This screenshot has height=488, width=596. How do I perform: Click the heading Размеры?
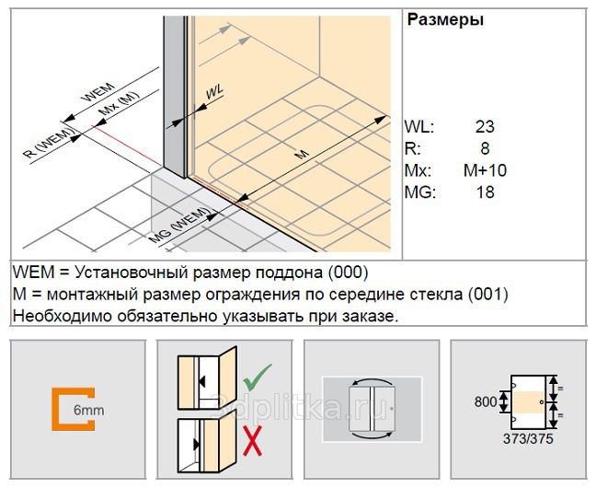[445, 19]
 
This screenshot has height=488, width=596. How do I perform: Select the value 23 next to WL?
[485, 127]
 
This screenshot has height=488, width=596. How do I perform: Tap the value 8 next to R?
[485, 148]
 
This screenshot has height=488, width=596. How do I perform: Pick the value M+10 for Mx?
[485, 170]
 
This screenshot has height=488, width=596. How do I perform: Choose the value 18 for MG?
[485, 192]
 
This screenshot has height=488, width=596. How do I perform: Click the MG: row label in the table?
[420, 192]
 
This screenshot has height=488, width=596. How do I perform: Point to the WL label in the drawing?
[214, 92]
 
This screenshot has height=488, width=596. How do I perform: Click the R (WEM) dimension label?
[48, 144]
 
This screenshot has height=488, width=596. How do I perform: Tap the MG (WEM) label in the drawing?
[179, 226]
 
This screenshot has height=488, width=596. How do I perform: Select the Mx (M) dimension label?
[119, 104]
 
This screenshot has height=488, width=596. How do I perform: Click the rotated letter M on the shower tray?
[302, 154]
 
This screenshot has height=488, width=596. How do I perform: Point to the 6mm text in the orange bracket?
[88, 411]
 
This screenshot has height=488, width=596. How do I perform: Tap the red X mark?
[252, 441]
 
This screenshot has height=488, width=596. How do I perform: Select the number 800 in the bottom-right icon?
[486, 401]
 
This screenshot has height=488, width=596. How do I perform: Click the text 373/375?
[528, 439]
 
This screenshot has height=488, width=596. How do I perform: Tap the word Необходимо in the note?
[63, 317]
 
